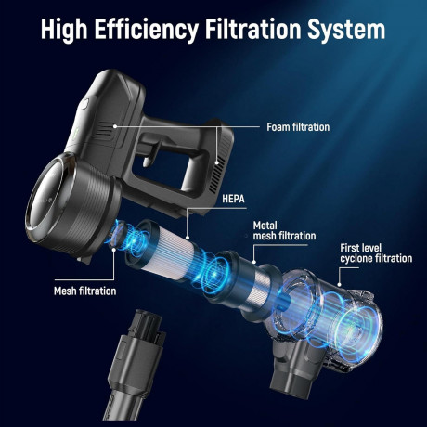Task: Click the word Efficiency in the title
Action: click(146, 30)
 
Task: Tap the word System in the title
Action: click(346, 30)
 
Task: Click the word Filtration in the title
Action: click(253, 29)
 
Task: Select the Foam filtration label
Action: click(298, 127)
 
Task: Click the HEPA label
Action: click(233, 199)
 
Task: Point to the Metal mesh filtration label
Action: click(284, 230)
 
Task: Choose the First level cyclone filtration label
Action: click(376, 253)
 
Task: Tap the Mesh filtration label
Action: click(84, 291)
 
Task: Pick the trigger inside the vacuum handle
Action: click(150, 154)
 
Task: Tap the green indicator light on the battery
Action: click(76, 133)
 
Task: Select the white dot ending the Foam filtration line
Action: click(115, 126)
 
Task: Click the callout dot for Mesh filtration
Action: click(114, 250)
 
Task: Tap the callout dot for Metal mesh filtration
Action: click(254, 262)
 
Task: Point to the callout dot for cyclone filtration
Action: click(340, 285)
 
